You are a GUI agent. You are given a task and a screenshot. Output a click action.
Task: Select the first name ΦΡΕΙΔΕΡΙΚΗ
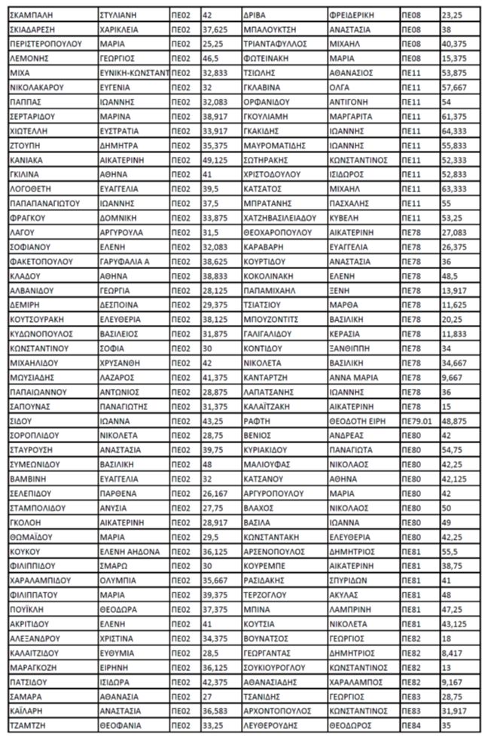click(x=354, y=15)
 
